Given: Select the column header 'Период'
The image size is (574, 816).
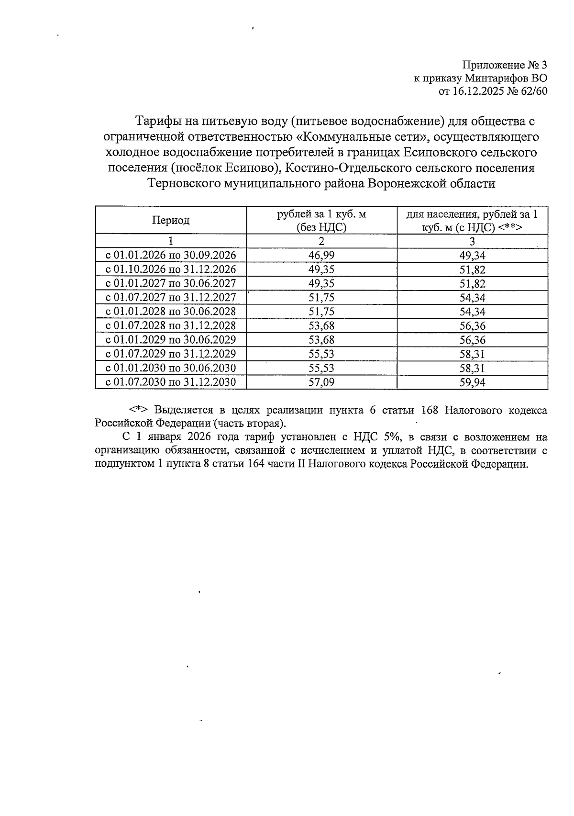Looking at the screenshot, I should pyautogui.click(x=171, y=220).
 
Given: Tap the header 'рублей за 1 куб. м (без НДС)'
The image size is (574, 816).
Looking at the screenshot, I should pyautogui.click(x=321, y=221).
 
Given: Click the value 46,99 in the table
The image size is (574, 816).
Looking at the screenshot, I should pyautogui.click(x=321, y=255).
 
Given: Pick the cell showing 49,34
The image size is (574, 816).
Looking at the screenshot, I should pyautogui.click(x=472, y=256).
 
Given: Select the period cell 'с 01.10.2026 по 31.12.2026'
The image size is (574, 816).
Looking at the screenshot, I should pyautogui.click(x=171, y=269).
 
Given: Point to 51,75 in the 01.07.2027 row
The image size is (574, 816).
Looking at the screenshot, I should pyautogui.click(x=321, y=298).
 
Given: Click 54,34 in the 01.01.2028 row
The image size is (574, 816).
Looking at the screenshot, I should pyautogui.click(x=472, y=312).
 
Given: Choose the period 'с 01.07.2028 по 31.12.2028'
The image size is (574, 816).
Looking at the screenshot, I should pyautogui.click(x=171, y=326).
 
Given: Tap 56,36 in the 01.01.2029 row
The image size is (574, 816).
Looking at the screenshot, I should pyautogui.click(x=472, y=340).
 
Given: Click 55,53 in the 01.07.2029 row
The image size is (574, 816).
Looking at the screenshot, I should pyautogui.click(x=321, y=354).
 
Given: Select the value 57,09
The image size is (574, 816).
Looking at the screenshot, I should pyautogui.click(x=321, y=382).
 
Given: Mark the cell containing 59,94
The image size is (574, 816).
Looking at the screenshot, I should pyautogui.click(x=472, y=382).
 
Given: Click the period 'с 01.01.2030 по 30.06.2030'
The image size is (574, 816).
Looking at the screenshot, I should pyautogui.click(x=171, y=368).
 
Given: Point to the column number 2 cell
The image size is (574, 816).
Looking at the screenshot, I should pyautogui.click(x=321, y=241).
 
